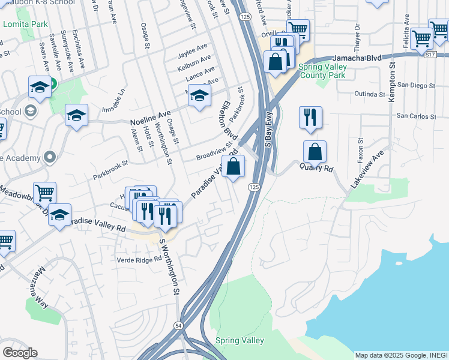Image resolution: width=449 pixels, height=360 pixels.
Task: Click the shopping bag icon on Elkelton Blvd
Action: click(x=234, y=166)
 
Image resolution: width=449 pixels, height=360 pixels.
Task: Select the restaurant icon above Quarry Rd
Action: click(x=310, y=118)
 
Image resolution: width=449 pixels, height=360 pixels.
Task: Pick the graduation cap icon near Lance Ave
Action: click(x=199, y=95)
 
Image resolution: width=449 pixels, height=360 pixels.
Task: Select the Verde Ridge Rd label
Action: click(x=139, y=259)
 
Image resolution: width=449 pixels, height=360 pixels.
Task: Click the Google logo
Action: click(x=20, y=352)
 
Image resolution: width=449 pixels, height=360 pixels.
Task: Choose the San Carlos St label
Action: click(x=417, y=116)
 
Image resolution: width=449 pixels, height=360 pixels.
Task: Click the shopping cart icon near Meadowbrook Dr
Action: click(x=44, y=193)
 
